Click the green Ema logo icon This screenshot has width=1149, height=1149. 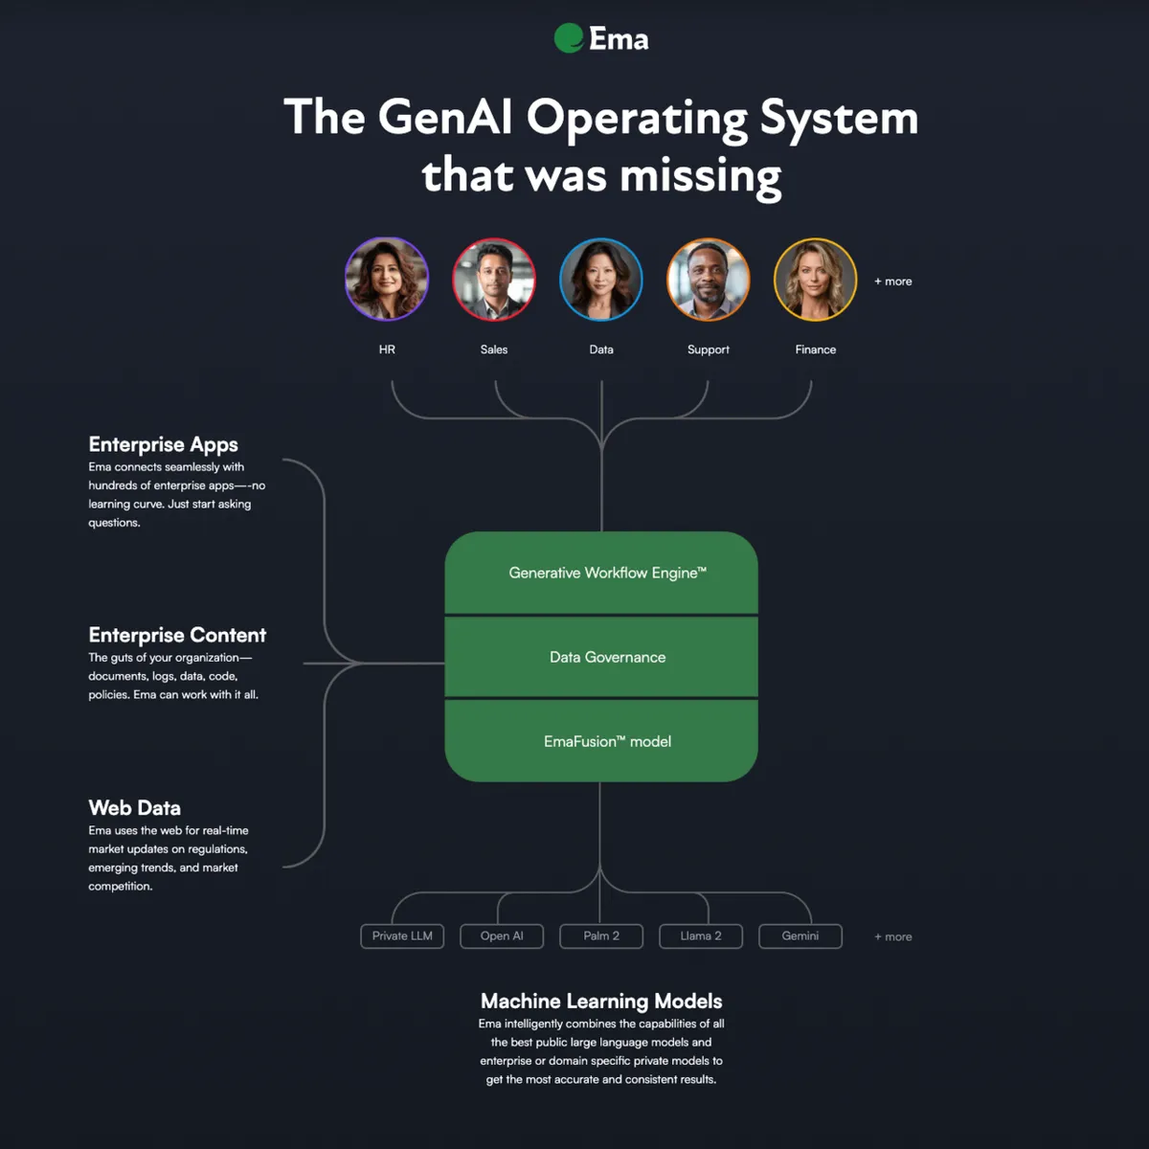click(569, 38)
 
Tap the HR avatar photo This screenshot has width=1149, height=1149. click(387, 280)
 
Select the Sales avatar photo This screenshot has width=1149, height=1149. click(494, 280)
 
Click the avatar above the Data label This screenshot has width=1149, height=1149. click(601, 280)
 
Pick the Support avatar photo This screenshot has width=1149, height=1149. click(709, 280)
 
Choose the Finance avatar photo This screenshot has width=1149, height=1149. click(816, 280)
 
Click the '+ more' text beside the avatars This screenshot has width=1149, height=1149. click(893, 282)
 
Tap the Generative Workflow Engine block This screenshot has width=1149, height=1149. click(601, 573)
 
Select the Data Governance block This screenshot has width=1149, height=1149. click(601, 657)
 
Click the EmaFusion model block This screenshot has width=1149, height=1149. click(601, 741)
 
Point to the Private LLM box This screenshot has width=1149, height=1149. click(402, 935)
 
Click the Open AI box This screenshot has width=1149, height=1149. click(502, 935)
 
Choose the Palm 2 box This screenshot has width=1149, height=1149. click(601, 935)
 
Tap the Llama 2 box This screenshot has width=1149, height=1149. click(701, 935)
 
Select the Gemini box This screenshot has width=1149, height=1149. click(800, 935)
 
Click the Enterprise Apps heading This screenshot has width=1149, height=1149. click(163, 444)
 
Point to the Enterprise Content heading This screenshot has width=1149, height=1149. click(177, 635)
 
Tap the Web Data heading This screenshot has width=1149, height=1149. click(134, 808)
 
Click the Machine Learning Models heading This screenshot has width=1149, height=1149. click(601, 1001)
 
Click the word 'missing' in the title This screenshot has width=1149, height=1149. click(700, 176)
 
